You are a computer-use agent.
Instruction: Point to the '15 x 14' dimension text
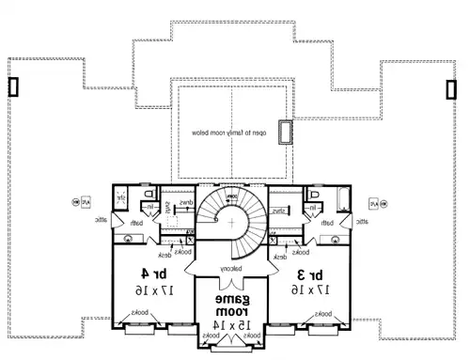tap(227, 323)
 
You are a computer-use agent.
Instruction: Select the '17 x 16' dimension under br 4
tap(141, 291)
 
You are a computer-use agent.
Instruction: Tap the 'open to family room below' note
tap(228, 134)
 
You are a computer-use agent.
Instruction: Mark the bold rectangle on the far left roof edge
tap(13, 86)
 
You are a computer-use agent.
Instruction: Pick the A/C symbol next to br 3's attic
tap(373, 202)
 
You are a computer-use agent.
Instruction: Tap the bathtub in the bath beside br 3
tap(340, 199)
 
